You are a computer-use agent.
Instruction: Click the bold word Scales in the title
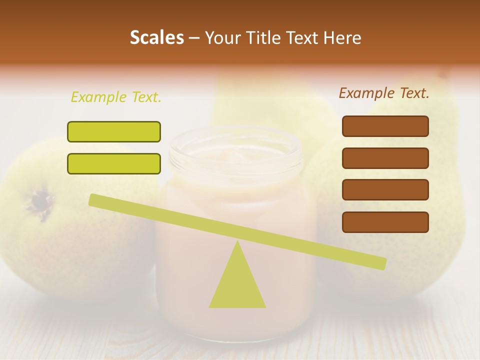[x=156, y=37]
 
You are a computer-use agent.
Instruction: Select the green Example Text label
[x=116, y=97]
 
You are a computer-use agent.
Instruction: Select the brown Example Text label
[x=384, y=93]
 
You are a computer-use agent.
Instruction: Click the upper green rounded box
[x=114, y=131]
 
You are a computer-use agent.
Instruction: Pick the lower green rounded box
[x=114, y=163]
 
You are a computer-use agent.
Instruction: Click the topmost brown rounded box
[x=385, y=126]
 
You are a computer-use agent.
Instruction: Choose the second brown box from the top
[x=385, y=158]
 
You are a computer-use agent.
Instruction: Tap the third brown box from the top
[x=385, y=189]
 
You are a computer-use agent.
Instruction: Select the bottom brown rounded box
[x=385, y=222]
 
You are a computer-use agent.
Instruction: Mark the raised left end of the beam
[x=94, y=199]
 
